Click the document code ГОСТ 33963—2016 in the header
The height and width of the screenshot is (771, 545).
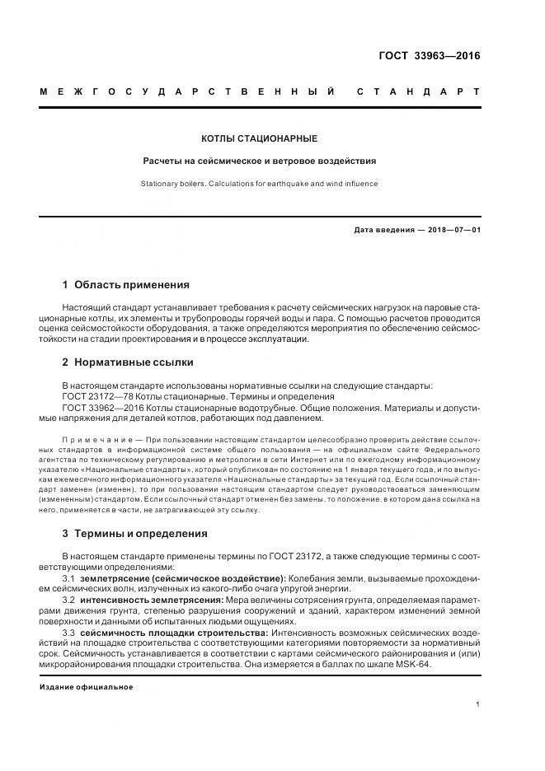click(x=428, y=57)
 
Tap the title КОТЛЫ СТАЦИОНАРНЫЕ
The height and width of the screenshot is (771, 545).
click(x=260, y=139)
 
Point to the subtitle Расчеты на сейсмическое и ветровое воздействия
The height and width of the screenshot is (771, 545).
click(x=260, y=161)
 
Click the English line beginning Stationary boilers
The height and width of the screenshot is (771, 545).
click(x=260, y=184)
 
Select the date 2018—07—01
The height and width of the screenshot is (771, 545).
click(x=453, y=230)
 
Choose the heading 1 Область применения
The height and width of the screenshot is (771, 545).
click(x=125, y=285)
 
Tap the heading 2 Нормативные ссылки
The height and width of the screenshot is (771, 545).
click(x=128, y=362)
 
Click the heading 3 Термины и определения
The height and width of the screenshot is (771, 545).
click(x=134, y=533)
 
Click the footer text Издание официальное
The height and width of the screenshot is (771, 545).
click(x=87, y=687)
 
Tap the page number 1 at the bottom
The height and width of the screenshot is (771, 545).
click(x=477, y=704)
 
